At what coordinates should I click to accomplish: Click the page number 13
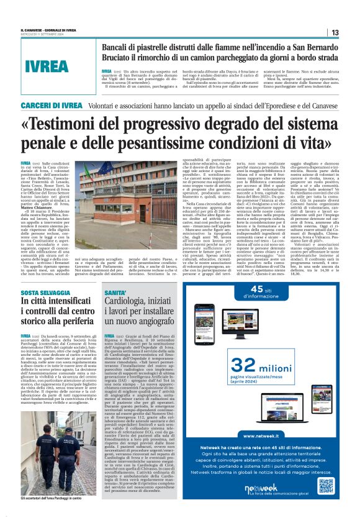335,32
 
